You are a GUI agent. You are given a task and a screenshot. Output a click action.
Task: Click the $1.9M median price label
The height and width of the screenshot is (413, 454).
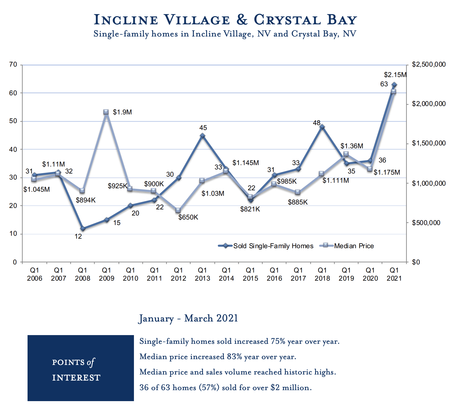122,112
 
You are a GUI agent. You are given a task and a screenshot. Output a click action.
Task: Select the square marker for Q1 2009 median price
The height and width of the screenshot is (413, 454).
106,112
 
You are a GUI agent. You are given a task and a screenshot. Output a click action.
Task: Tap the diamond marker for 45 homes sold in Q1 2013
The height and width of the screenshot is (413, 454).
203,136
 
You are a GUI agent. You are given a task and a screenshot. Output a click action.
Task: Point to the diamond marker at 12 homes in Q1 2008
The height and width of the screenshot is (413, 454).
83,229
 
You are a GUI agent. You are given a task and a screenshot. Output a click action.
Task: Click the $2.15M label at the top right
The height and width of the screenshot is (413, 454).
395,75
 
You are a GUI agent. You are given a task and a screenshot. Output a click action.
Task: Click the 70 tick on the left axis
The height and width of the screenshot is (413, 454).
13,65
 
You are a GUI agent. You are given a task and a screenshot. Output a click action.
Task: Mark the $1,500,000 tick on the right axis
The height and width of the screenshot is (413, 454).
429,144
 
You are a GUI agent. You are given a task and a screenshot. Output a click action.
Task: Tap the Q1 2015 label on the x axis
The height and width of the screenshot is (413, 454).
250,274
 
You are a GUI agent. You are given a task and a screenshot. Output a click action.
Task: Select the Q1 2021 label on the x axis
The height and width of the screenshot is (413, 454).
394,274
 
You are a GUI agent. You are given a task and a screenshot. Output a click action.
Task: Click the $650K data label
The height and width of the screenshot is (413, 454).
188,217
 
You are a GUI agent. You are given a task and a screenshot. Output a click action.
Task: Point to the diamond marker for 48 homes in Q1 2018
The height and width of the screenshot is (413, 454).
322,127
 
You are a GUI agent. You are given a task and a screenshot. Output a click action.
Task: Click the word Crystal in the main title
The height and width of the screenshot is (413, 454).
287,20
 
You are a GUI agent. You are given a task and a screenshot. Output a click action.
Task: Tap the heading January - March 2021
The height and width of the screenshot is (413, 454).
188,318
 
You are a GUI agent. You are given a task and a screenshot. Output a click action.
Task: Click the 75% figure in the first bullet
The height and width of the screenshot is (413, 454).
278,341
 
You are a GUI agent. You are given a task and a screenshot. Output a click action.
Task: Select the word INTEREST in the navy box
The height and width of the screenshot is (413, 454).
76,378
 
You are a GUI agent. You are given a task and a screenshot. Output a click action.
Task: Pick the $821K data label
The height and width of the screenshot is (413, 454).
250,209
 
